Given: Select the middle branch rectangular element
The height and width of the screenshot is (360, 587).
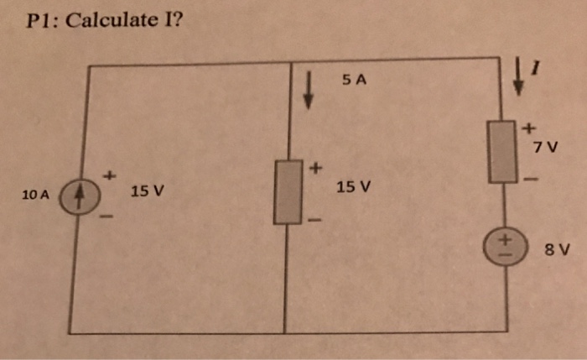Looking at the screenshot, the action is (x=288, y=193).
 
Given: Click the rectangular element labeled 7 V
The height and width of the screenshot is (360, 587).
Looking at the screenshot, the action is (x=505, y=151).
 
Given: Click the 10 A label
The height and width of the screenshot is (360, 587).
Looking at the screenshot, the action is (x=36, y=195).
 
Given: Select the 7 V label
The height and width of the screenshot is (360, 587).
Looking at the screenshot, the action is (x=544, y=148).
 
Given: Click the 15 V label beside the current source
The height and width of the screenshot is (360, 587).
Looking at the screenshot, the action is (x=147, y=191).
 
